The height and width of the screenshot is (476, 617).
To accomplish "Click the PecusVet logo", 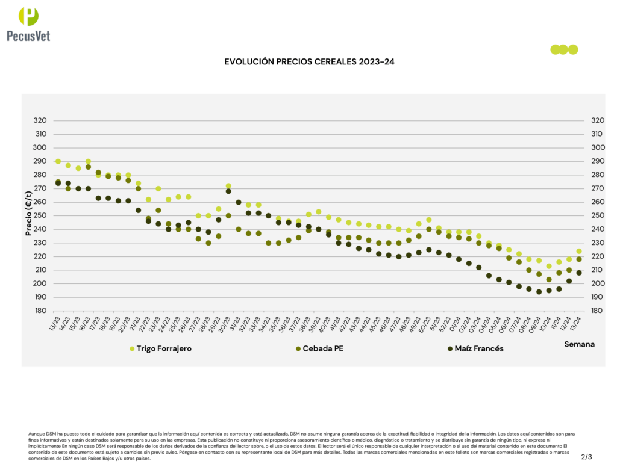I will point(28,24).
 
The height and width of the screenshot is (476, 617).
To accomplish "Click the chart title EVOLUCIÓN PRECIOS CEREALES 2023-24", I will point(308,62).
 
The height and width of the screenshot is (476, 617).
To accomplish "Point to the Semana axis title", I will point(580,344).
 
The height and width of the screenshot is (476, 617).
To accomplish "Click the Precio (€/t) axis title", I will point(28,213).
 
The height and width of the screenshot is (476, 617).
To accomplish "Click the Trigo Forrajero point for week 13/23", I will point(58,161).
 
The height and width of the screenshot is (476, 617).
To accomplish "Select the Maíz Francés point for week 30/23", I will point(228,191).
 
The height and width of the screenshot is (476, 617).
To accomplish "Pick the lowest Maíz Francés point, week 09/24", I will point(539,292).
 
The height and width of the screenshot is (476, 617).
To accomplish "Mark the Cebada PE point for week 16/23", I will point(88,167).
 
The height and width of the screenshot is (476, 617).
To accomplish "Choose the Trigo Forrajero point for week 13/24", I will point(579,251).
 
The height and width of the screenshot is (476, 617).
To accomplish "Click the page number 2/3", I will point(586,457).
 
